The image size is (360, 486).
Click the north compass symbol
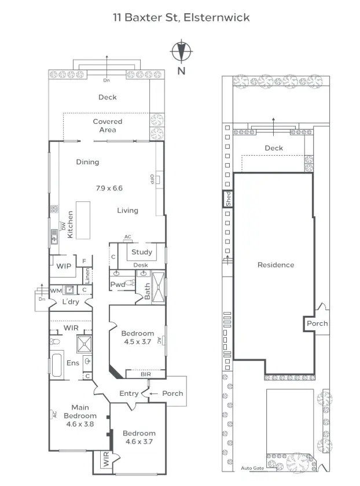[x=181, y=51]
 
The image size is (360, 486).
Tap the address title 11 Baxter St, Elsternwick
[x=181, y=17]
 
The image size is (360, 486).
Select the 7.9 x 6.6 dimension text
[x=109, y=188]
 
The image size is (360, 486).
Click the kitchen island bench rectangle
[x=83, y=220]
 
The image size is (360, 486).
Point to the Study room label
[x=142, y=252]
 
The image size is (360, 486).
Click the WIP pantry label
[x=64, y=266]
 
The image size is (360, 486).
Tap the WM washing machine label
[x=56, y=290]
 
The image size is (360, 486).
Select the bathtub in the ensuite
[x=57, y=365]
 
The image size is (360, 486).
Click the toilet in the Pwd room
[x=130, y=283]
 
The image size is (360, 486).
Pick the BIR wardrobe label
[x=146, y=374]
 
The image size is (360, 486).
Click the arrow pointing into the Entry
[x=153, y=393]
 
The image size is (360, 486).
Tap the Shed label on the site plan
[x=229, y=199]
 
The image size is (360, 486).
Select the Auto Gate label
[x=252, y=468]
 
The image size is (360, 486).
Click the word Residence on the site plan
[x=275, y=265]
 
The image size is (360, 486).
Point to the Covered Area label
[x=108, y=126]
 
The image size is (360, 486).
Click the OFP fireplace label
[x=152, y=179]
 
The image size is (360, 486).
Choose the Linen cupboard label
[x=87, y=276]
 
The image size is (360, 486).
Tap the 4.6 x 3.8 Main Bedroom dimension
[x=80, y=424]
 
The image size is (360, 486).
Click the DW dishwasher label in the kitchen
[x=63, y=226]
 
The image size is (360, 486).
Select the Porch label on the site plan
[x=317, y=323]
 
